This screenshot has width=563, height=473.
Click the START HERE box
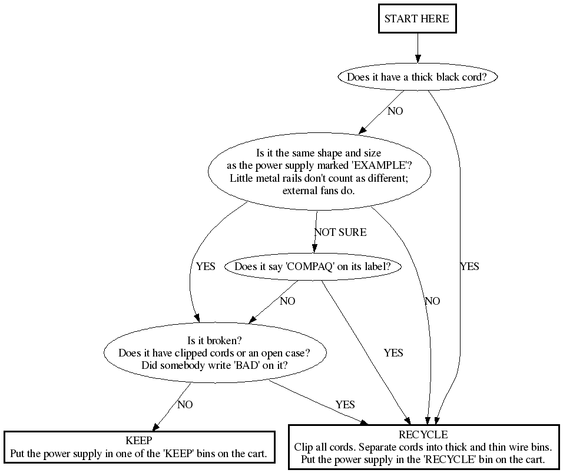click(417, 19)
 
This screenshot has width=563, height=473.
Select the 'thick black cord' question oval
click(417, 77)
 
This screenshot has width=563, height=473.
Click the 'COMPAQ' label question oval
click(312, 267)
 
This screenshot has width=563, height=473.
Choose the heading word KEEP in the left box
click(139, 440)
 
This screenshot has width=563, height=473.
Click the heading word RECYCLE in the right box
click(423, 435)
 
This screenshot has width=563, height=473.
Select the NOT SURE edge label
click(340, 232)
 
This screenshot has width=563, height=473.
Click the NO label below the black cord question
click(395, 111)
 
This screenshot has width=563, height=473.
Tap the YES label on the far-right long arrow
click(469, 267)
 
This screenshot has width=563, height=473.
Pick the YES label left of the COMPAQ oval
click(206, 267)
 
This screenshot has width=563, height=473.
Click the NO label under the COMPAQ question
click(287, 301)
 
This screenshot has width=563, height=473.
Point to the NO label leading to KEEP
click(185, 405)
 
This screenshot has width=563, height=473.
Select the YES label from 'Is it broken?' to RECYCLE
click(345, 405)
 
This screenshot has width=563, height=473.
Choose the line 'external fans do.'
click(319, 191)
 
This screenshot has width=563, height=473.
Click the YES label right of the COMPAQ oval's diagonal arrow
click(393, 353)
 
